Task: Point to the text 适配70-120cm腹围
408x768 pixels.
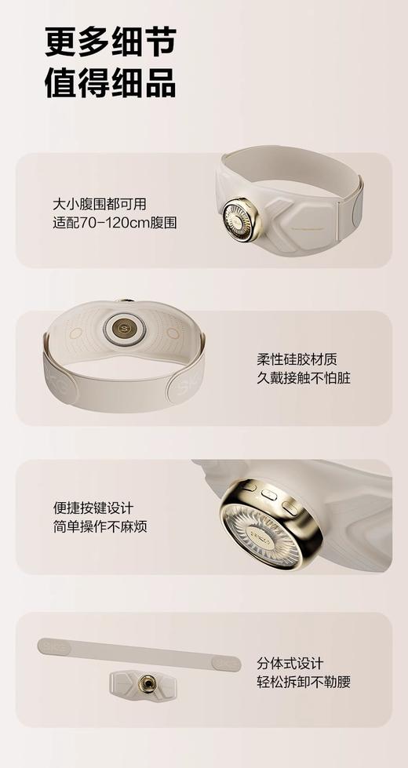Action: click(110, 223)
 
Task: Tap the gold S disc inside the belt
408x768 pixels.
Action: click(122, 326)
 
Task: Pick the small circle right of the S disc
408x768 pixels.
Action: click(173, 333)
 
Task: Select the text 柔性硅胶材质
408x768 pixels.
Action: click(297, 359)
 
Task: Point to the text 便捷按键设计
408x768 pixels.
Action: click(93, 508)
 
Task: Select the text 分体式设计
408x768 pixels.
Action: click(290, 664)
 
